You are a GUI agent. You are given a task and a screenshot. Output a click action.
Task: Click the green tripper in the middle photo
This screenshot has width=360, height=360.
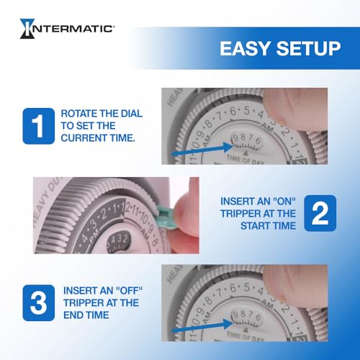coord(167,214)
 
